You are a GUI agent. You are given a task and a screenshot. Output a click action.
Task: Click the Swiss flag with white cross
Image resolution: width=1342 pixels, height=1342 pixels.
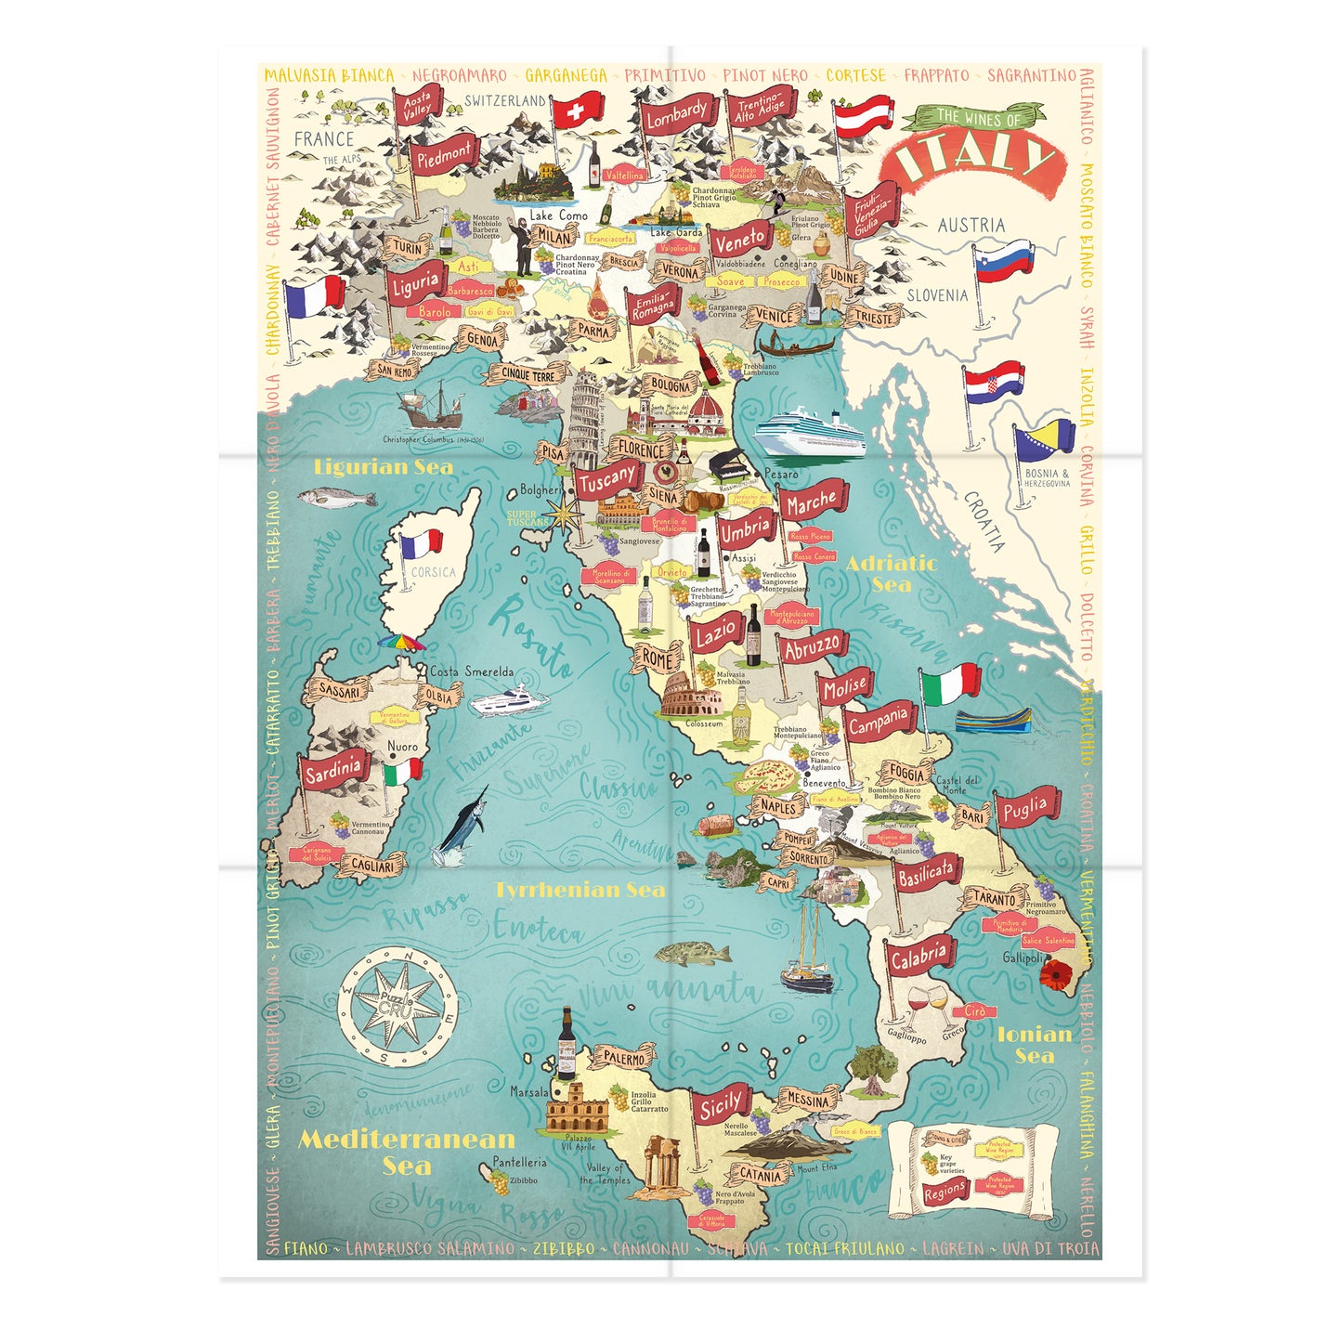(578, 112)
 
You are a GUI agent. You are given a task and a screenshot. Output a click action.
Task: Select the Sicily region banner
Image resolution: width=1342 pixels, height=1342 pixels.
(722, 1105)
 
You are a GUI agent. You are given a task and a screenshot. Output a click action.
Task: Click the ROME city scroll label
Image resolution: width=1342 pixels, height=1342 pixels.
(658, 659)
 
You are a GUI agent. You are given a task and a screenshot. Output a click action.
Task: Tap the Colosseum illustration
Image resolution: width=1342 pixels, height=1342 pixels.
(691, 697)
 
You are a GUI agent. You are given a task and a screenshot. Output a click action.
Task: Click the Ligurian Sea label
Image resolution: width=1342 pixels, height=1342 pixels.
(384, 467)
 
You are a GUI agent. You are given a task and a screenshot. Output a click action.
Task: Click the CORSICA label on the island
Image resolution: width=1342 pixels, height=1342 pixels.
(433, 572)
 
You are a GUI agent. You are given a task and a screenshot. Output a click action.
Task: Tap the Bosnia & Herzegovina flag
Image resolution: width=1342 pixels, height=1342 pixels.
(1045, 443)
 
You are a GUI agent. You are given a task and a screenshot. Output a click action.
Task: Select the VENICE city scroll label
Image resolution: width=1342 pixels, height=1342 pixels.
(774, 316)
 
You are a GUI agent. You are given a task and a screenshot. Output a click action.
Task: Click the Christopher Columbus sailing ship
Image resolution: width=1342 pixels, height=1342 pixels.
(429, 406)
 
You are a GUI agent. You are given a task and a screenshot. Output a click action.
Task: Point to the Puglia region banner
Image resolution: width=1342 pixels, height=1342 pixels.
(1025, 809)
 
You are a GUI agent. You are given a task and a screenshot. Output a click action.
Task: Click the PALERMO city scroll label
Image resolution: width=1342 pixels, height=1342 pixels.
(623, 1058)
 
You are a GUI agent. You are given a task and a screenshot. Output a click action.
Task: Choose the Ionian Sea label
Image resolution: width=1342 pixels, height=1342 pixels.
(1034, 1044)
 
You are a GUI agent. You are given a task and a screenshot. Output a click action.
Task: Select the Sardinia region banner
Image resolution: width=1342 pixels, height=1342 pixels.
(333, 770)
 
